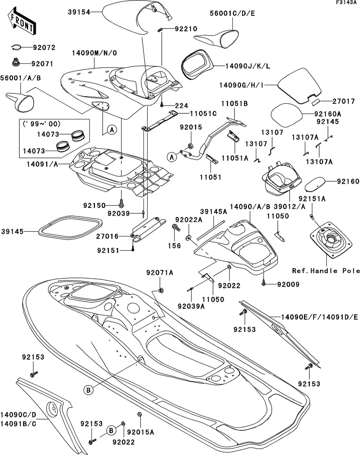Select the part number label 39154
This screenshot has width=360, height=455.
79,12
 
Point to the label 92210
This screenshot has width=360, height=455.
186,29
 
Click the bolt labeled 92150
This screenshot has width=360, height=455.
122,203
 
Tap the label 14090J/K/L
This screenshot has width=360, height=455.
247,67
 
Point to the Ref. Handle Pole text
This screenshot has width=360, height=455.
326,271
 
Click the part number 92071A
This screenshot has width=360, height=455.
160,273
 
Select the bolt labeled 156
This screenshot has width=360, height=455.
176,227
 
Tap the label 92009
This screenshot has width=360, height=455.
288,284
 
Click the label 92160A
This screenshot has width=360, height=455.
328,114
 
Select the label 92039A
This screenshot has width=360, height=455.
191,306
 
